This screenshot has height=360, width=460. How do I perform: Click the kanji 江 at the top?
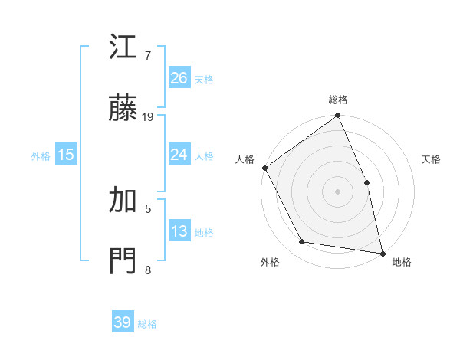pos(123,49)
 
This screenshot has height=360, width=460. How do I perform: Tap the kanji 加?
pos(123,201)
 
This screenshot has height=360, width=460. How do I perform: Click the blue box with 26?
pos(179,77)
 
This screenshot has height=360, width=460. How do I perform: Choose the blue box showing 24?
pos(179,155)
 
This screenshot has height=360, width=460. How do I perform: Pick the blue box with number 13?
pos(179,231)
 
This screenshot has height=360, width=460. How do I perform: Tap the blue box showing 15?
pos(66,155)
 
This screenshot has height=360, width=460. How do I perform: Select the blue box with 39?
pos(123,322)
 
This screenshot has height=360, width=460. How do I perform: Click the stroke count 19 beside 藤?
pos(148,117)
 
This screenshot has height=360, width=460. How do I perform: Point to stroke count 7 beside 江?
pos(148,56)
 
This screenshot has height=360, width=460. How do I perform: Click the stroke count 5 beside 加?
pos(148,208)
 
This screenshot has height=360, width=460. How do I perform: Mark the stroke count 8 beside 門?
pos(148,269)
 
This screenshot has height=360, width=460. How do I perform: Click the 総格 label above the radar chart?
pos(338,100)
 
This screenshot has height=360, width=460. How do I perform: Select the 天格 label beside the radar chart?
pos(431,159)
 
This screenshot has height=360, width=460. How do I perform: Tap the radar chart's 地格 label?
pos(402,262)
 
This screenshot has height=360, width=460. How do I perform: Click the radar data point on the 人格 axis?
pos(264,168)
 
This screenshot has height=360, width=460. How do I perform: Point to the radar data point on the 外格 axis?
pos(302,242)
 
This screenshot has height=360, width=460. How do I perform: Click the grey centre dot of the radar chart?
pos(337,191)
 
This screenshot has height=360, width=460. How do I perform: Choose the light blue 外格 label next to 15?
pos(41,155)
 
